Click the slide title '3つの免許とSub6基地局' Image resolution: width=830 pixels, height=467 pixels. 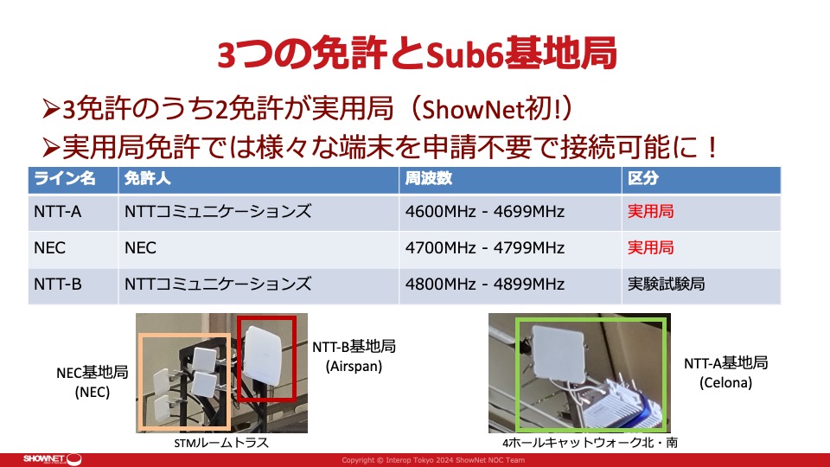417,54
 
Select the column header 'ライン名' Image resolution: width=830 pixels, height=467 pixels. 65,178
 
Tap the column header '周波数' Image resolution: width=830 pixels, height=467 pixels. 429,178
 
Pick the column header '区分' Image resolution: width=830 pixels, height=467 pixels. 643,178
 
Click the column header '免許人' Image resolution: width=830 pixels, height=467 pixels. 148,178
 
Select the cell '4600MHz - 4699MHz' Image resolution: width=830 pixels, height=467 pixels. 485,212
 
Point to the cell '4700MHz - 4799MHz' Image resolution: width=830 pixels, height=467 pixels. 485,248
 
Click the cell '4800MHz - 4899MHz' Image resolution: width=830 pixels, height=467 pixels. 485,285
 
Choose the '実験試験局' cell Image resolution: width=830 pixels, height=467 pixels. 666,285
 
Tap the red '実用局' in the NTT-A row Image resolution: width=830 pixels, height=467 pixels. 650,212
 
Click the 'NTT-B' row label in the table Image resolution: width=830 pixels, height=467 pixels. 58,285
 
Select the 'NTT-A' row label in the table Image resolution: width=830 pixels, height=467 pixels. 58,212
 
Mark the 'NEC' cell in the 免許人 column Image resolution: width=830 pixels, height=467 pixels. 140,248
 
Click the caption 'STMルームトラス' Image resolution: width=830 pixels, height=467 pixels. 221,443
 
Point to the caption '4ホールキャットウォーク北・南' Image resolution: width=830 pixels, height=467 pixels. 590,443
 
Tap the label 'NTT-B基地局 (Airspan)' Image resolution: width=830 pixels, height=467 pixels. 354,356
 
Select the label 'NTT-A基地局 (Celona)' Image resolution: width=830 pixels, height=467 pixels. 725,373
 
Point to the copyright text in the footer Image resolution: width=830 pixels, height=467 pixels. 433,460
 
